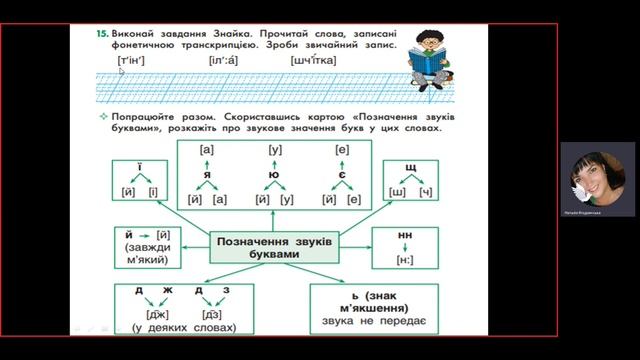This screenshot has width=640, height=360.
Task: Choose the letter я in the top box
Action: pyautogui.click(x=208, y=172)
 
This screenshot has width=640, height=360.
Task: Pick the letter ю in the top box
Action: pyautogui.click(x=274, y=172)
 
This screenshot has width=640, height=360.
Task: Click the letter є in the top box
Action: pyautogui.click(x=341, y=172)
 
